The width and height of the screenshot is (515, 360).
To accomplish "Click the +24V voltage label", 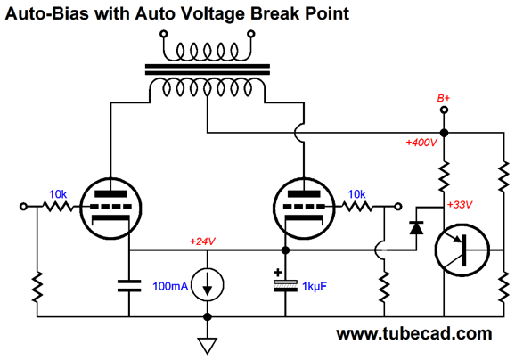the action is tap(202, 241).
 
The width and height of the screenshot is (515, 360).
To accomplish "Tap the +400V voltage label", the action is tap(421, 143).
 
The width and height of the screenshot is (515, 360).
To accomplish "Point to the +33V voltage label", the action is tap(460, 205).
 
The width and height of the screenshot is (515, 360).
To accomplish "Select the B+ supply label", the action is tap(444, 98).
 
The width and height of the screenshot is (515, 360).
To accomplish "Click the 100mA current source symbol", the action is tap(208, 285).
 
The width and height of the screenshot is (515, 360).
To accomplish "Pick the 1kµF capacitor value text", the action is tap(315, 287).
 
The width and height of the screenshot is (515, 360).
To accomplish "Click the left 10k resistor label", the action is tap(58, 194).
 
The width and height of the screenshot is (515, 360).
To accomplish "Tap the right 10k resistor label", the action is tap(356, 194).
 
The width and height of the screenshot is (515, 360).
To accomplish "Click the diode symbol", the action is tap(416, 227).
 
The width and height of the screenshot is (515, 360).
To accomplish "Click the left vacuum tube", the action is tap(111, 209).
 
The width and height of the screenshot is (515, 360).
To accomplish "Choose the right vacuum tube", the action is tap(304, 209).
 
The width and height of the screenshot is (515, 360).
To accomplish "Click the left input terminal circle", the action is tap(23, 207).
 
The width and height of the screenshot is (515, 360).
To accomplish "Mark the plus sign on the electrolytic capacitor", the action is tap(278, 273).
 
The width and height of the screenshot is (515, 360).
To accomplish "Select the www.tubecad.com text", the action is tap(414, 334).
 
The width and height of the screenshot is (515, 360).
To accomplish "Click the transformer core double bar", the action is tap(208, 70).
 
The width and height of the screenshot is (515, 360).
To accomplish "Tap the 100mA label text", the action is tap(170, 286).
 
